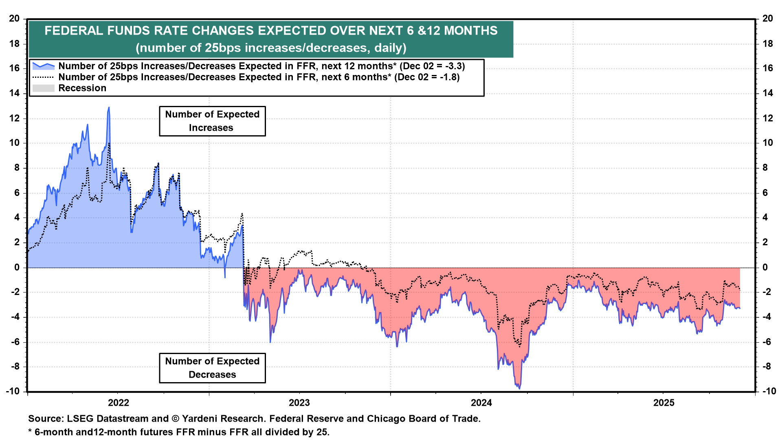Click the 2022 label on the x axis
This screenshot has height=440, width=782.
(x=119, y=403)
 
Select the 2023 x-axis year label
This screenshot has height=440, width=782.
(x=299, y=403)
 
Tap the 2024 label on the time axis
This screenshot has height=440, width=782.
(x=481, y=403)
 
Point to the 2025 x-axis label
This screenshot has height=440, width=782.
(x=664, y=403)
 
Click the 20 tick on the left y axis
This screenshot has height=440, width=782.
(x=14, y=18)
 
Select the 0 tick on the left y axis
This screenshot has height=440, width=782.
(x=17, y=267)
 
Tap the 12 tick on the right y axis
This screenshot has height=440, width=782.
(x=768, y=118)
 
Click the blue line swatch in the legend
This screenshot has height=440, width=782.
(x=43, y=66)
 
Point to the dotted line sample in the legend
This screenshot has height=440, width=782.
(x=43, y=77)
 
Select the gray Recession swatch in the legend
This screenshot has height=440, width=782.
(x=43, y=88)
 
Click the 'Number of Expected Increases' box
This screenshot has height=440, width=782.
(x=212, y=121)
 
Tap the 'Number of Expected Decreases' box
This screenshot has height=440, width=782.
(x=212, y=368)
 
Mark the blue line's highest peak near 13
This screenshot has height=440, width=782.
(x=109, y=108)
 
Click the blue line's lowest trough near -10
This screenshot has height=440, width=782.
(x=519, y=388)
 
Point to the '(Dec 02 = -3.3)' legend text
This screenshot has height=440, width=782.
(x=432, y=66)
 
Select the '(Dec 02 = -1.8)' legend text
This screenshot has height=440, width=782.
(x=427, y=77)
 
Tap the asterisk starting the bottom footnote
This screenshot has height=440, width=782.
(x=30, y=431)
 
